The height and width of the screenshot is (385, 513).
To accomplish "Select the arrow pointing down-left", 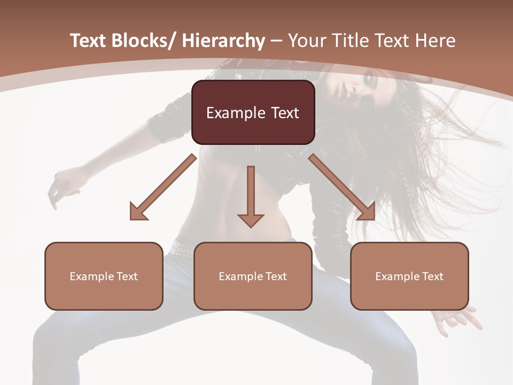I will click(162, 187).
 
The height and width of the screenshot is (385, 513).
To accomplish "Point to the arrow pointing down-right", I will click(342, 187).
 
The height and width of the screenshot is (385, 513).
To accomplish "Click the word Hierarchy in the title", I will click(223, 41).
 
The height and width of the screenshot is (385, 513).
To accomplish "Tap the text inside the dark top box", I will click(253, 113).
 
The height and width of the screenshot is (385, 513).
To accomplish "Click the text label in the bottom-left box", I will click(104, 276).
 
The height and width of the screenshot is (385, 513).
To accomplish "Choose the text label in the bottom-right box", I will click(409, 276).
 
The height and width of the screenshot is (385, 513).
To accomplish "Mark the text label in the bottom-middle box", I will click(253, 276).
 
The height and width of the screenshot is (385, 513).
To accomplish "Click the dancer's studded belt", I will click(183, 248).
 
